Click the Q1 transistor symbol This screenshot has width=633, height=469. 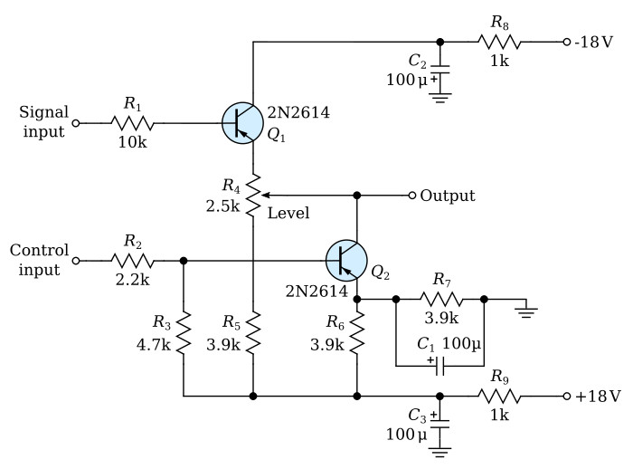(x=242, y=123)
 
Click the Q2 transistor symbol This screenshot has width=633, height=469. (x=346, y=261)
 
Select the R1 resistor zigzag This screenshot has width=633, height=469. (x=132, y=123)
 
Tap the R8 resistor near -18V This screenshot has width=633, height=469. (x=499, y=42)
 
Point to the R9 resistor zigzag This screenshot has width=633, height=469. (x=499, y=397)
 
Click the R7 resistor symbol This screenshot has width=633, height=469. (x=441, y=299)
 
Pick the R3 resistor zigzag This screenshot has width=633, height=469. (x=184, y=333)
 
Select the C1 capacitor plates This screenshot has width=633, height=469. (x=440, y=366)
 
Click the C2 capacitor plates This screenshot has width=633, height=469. (x=440, y=69)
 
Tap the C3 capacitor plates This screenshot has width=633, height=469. (x=440, y=424)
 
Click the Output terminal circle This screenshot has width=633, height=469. (x=411, y=196)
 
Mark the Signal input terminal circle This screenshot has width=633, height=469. (x=75, y=123)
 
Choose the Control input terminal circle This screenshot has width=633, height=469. (x=75, y=261)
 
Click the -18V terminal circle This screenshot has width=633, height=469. (x=567, y=42)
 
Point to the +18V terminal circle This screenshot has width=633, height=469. (x=567, y=397)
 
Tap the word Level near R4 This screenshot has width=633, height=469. (x=288, y=213)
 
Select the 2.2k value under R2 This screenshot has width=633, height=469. (x=132, y=280)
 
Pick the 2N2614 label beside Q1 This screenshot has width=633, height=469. (x=298, y=112)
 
